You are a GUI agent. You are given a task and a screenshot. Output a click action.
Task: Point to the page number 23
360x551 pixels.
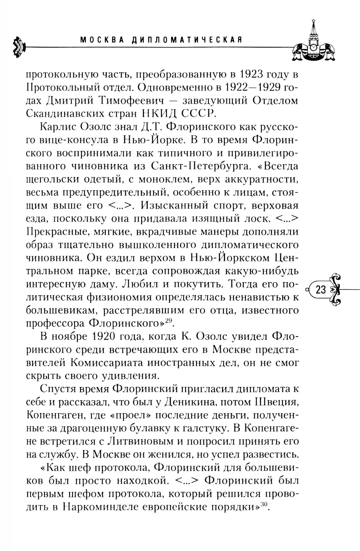320,290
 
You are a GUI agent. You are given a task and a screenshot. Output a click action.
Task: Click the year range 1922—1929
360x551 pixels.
253,88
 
